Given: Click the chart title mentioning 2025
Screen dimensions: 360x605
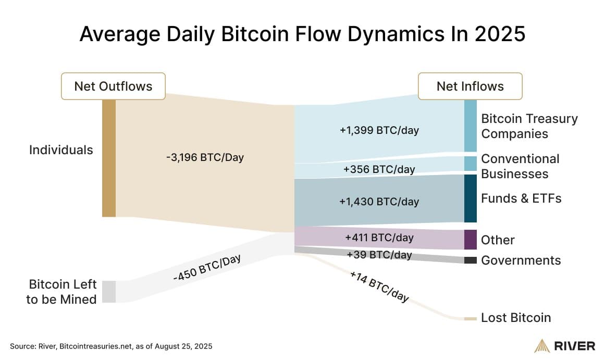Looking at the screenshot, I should [302, 34].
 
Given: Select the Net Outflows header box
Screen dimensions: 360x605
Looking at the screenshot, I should [113, 86].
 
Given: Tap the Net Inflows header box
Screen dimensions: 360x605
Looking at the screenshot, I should [470, 86].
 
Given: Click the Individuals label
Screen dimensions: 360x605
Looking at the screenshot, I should [61, 150].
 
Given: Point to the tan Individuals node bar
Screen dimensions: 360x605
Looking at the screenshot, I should [108, 158].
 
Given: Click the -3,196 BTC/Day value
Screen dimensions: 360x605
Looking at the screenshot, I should [204, 157].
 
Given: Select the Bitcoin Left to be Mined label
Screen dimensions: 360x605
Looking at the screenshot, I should [63, 292].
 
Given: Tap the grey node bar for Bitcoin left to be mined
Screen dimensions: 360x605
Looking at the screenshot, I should [108, 291].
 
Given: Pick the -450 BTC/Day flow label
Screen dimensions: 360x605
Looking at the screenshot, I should [207, 268].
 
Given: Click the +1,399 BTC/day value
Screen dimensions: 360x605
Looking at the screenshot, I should [379, 130].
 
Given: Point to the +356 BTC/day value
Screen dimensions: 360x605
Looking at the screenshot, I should [379, 169].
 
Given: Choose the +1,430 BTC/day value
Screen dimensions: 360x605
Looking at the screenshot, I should [379, 201].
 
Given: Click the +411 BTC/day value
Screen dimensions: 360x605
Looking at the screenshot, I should [379, 238].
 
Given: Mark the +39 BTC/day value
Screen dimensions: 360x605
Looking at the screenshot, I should [379, 255].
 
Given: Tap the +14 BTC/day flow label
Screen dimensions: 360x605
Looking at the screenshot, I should [379, 287].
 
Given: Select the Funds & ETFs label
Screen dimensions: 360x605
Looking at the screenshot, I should [521, 198].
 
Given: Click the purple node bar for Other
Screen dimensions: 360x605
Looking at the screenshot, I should [471, 240].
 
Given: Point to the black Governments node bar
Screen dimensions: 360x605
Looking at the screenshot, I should [471, 260].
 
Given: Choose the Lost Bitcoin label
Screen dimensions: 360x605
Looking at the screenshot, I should [516, 318].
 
